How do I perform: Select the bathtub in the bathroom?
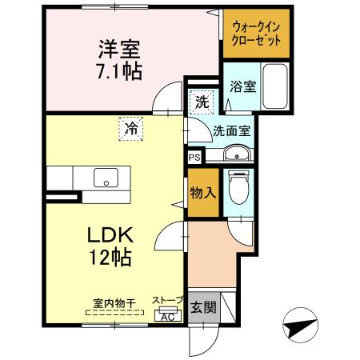tap(275, 88)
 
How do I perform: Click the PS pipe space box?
tap(194, 158)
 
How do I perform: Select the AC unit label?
tap(168, 317)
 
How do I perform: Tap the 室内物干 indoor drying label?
tap(113, 302)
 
